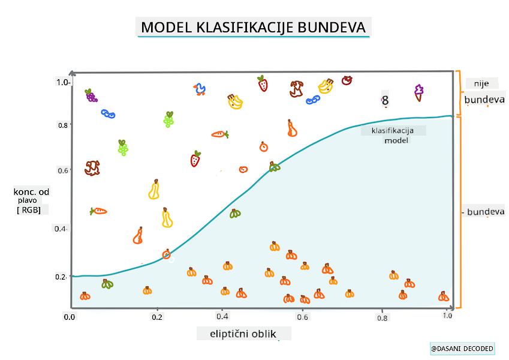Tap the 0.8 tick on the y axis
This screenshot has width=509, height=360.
coord(62,125)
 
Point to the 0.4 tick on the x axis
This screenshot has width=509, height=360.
coord(222,316)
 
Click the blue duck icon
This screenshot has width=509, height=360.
coord(200,90)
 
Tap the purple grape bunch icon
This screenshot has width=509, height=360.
coord(91,95)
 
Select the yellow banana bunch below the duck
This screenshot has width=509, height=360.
coord(234,101)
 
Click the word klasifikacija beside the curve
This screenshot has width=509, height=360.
coord(393,130)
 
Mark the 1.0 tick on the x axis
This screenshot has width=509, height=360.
coord(446,316)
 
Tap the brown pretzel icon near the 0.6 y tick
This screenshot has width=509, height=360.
coord(92,167)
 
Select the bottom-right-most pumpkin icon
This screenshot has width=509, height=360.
coord(444,296)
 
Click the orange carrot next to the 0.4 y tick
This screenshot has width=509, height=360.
coord(98,211)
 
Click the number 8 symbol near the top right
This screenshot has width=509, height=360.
coord(385,101)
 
